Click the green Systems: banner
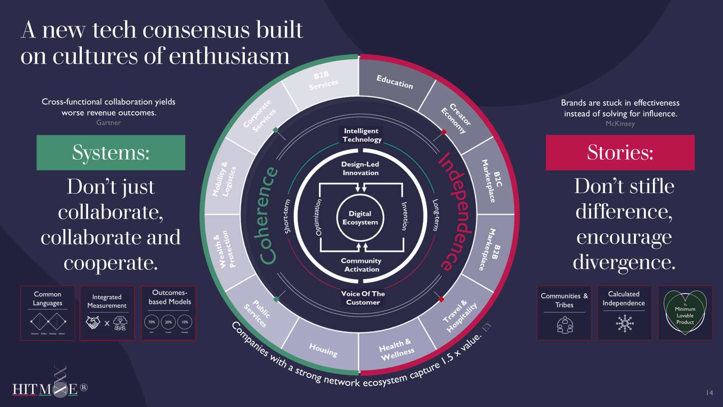point(111,152)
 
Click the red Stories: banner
point(620,152)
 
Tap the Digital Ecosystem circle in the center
point(360,218)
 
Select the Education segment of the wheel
point(394,82)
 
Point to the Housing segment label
point(323,350)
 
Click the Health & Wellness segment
point(396,349)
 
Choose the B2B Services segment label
point(323,80)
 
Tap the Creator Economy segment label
point(456,117)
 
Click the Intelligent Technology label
point(361,135)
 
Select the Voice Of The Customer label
point(363,298)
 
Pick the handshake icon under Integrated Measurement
point(93,322)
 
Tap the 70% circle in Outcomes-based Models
point(152,322)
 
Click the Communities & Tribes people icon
point(565,324)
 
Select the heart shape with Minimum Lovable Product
point(685,312)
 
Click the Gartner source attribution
point(108,123)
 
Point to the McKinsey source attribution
point(620,123)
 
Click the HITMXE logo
point(50,388)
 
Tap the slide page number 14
point(709,393)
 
